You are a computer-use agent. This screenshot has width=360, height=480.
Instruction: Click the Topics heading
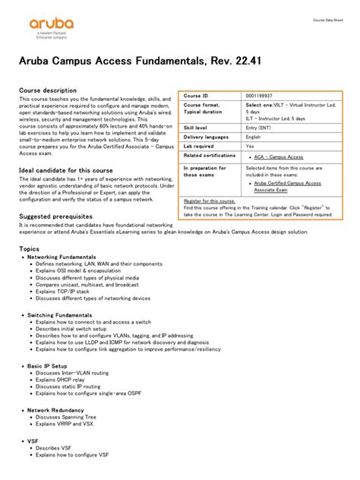coord(29,248)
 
